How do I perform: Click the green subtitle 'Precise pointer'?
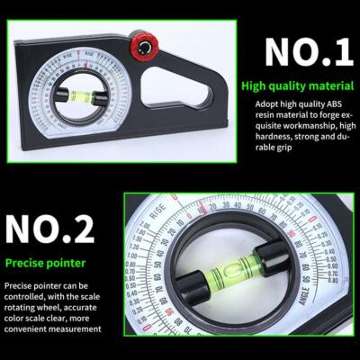coord(45,265)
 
